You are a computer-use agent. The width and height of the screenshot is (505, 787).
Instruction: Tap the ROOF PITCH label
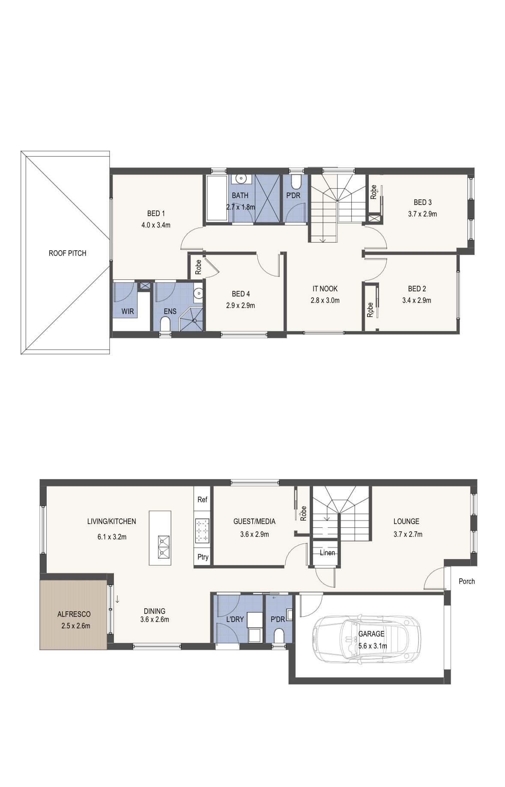[x=67, y=253]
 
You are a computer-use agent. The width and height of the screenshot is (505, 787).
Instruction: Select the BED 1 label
[x=156, y=213]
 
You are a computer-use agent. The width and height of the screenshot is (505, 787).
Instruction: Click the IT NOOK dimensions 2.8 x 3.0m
[x=325, y=300]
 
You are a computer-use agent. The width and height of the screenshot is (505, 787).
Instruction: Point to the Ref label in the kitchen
[x=202, y=500]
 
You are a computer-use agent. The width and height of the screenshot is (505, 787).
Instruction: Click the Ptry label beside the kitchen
[x=203, y=557]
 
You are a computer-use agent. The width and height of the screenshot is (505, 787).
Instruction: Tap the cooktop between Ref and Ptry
[x=202, y=530]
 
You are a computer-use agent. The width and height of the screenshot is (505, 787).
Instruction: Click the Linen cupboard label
[x=327, y=553]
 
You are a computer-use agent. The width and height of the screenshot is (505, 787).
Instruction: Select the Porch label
[x=466, y=581]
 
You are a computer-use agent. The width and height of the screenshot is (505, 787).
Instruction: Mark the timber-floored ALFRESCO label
[x=74, y=614]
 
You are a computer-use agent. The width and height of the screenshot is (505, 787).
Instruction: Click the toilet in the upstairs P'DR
[x=296, y=182]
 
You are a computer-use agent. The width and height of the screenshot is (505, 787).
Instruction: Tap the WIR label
[x=128, y=311]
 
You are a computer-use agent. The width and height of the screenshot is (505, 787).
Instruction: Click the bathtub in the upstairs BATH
[x=217, y=198]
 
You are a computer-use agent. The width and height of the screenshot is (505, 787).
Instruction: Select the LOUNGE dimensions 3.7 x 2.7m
[x=408, y=534]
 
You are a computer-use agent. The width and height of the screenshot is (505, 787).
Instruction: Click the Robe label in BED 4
[x=198, y=267]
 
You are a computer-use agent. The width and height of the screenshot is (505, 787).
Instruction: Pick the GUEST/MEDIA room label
[x=254, y=521]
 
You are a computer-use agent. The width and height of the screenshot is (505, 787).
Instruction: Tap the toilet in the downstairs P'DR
[x=279, y=636]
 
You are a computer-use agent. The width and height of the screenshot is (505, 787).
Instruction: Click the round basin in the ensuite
[x=198, y=293]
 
